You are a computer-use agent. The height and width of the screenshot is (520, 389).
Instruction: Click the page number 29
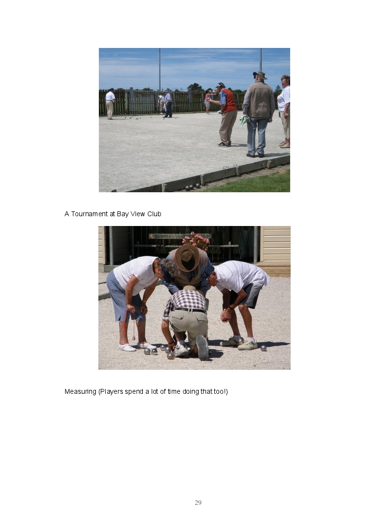coord(198,502)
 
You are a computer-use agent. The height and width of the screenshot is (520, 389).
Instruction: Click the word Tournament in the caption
coord(90,214)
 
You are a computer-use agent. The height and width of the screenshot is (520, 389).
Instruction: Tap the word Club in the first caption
coord(154,214)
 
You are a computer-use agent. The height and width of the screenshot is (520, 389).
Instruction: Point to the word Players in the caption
coord(111,392)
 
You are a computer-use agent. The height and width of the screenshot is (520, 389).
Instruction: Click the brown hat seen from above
coord(188,258)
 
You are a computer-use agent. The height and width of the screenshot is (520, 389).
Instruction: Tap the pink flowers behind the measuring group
coord(196,241)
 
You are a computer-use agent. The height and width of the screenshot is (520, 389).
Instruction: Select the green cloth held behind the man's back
coord(245,120)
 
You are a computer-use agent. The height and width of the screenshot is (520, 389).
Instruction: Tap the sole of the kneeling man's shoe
coord(202,347)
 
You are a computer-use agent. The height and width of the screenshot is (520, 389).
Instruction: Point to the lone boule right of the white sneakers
coord(263,348)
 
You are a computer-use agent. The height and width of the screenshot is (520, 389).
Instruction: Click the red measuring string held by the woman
coord(130,324)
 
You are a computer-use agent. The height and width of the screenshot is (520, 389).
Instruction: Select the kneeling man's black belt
coord(190,311)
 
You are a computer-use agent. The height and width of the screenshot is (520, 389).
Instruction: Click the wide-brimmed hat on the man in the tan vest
coord(260,75)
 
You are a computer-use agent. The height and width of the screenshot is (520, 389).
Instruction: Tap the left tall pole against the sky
coord(160,69)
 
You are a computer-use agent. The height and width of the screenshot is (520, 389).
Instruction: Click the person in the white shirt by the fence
coord(110,104)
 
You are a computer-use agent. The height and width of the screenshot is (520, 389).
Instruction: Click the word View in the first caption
coord(137,214)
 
